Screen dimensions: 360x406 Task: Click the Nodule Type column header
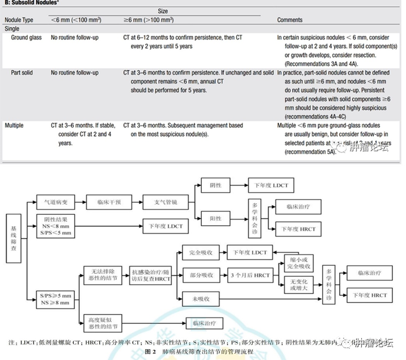pyautogui.click(x=19, y=20)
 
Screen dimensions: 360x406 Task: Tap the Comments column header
pyautogui.click(x=289, y=20)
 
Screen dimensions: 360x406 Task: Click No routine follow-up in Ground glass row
pyautogui.click(x=74, y=37)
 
